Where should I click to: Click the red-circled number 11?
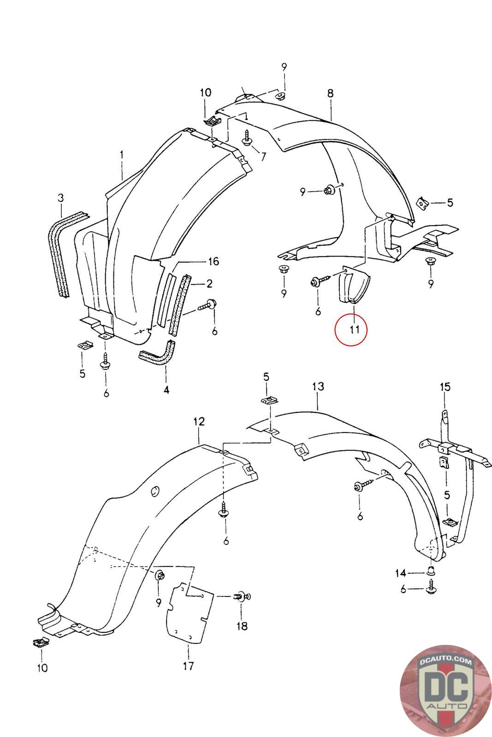coord(351,329)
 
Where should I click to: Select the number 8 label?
coord(330,94)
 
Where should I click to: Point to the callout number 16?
coord(213,262)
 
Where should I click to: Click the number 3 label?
coord(61,198)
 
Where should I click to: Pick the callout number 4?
coord(166,390)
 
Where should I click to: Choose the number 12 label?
coord(199,421)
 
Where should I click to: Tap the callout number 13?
coord(318,386)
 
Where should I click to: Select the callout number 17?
coord(188,665)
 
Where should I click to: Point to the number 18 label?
coord(242,626)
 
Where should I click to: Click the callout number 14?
coord(400,573)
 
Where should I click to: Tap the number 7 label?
coord(263,156)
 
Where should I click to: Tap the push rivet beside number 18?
coord(242,597)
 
